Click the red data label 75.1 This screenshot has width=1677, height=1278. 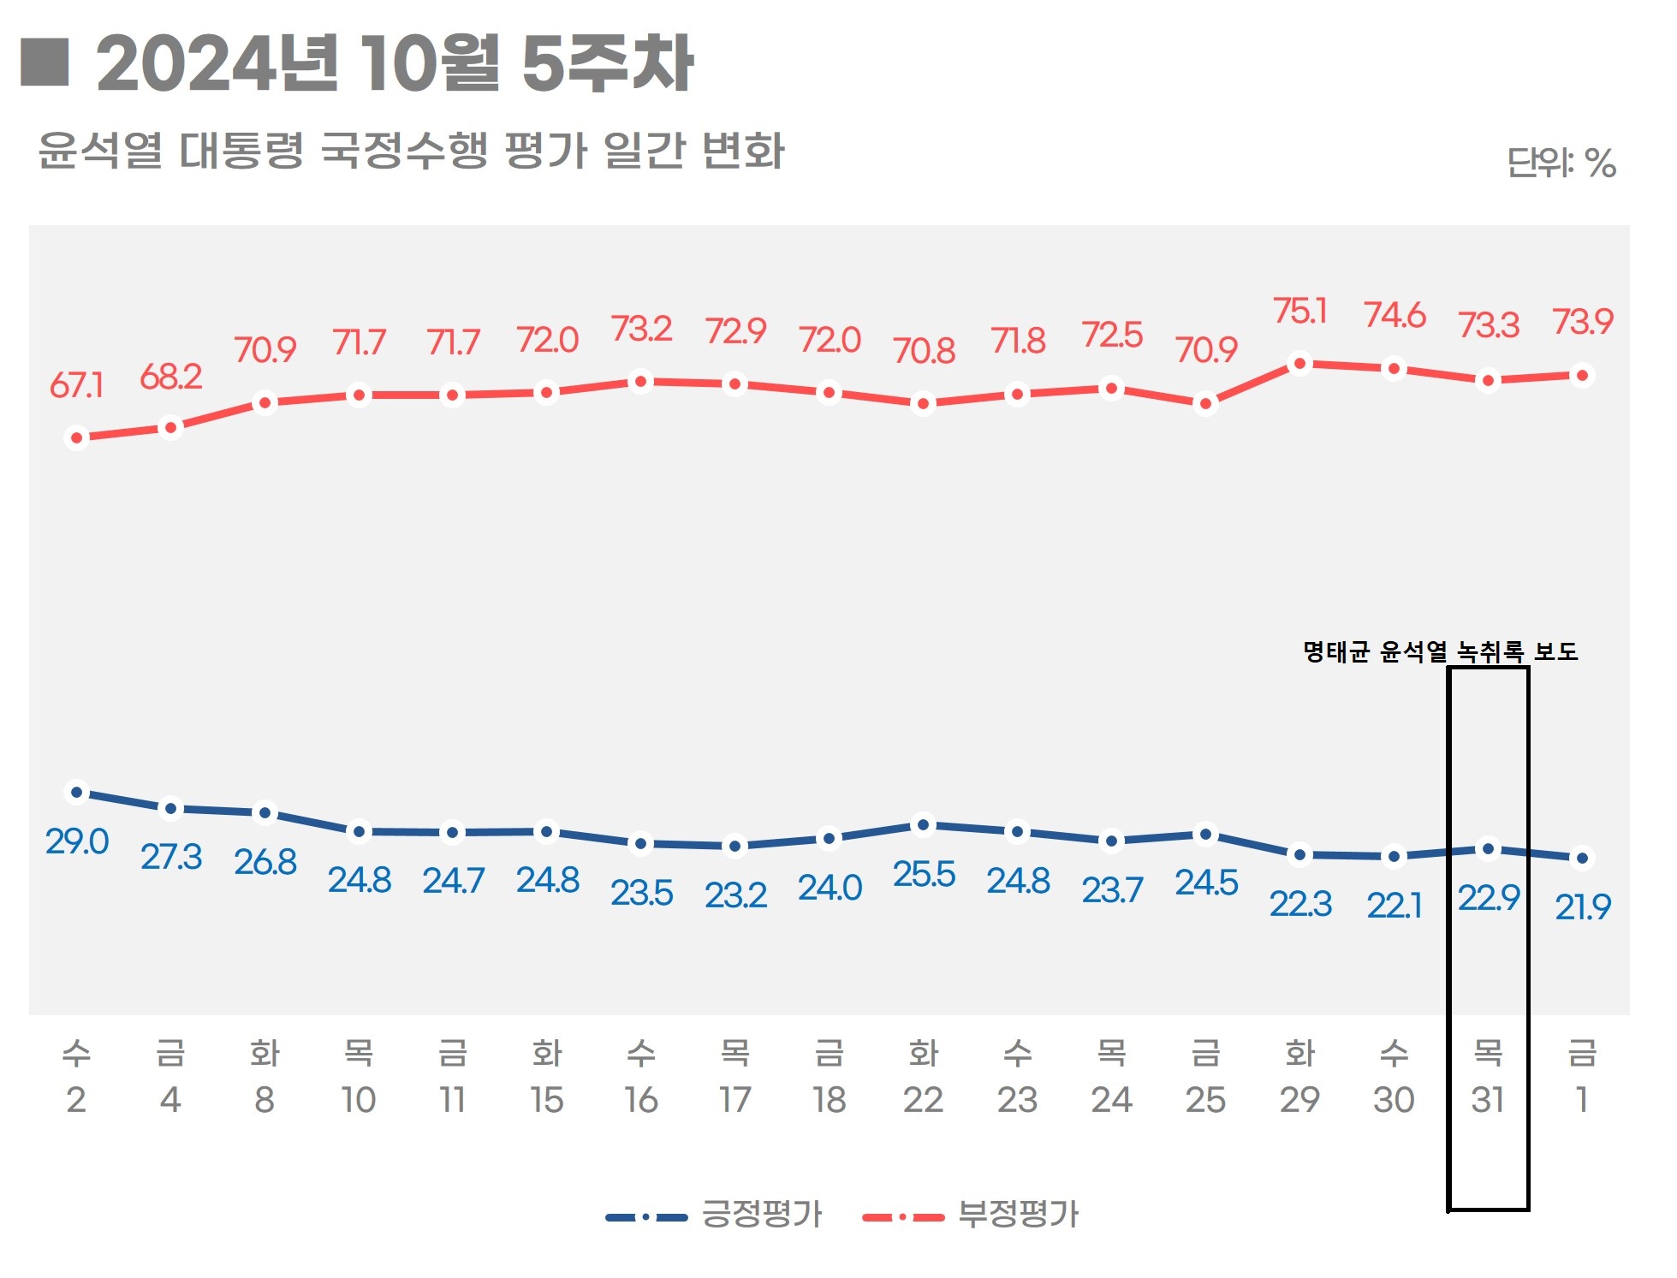[x=1299, y=312]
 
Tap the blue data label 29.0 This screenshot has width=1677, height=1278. [x=77, y=842]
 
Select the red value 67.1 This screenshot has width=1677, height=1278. [x=76, y=386]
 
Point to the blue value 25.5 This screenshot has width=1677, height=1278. [x=924, y=875]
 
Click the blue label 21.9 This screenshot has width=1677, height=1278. [x=1583, y=906]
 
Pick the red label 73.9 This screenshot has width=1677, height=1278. [x=1583, y=322]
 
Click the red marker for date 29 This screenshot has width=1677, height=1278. [x=1299, y=364]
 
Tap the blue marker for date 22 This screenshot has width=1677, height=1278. [x=923, y=825]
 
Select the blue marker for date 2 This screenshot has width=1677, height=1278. [x=76, y=793]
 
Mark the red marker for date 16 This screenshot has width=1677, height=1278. [x=640, y=381]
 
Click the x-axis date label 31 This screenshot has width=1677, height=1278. [x=1488, y=1100]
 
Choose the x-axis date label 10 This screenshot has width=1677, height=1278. [x=359, y=1100]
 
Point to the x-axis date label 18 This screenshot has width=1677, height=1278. [x=829, y=1100]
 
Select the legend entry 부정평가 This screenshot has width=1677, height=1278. [x=1018, y=1214]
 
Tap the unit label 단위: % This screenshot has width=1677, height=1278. [x=1561, y=163]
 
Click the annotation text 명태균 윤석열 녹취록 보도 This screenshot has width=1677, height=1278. [x=1440, y=652]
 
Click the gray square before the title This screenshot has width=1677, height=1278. [x=45, y=62]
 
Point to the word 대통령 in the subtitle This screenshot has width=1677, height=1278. [x=241, y=151]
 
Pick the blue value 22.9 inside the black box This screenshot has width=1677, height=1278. [x=1489, y=898]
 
